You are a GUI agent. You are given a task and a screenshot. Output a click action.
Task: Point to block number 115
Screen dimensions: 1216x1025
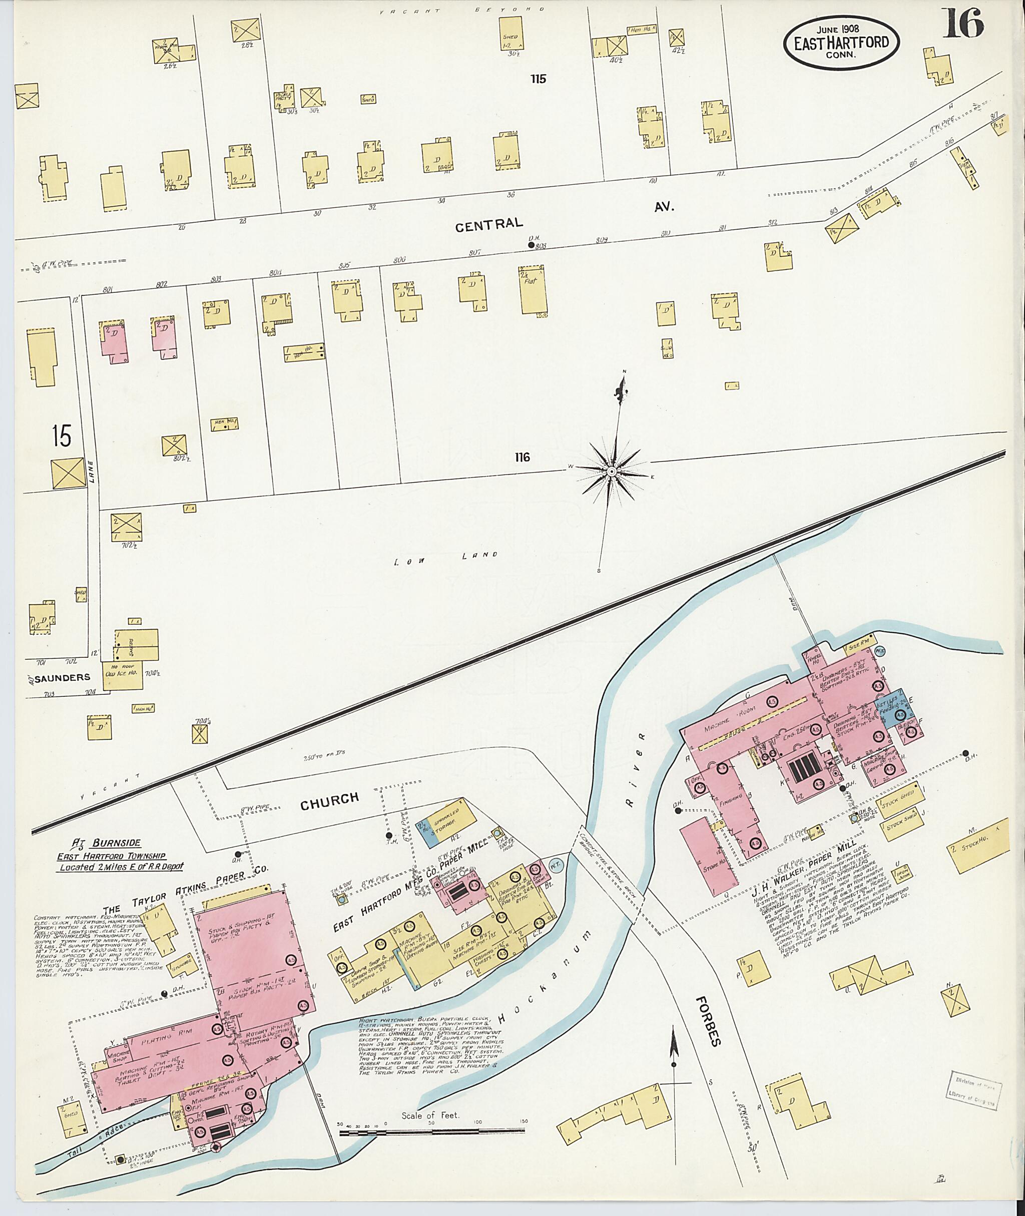pos(538,79)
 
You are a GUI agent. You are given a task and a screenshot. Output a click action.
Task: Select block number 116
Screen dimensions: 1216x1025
pos(522,458)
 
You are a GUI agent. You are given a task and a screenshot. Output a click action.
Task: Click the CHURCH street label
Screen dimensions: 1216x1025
pos(329,799)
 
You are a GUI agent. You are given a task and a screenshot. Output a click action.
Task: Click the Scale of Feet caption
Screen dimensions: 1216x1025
pos(430,1115)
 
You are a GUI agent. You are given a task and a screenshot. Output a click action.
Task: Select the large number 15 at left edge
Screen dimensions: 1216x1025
pos(61,436)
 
